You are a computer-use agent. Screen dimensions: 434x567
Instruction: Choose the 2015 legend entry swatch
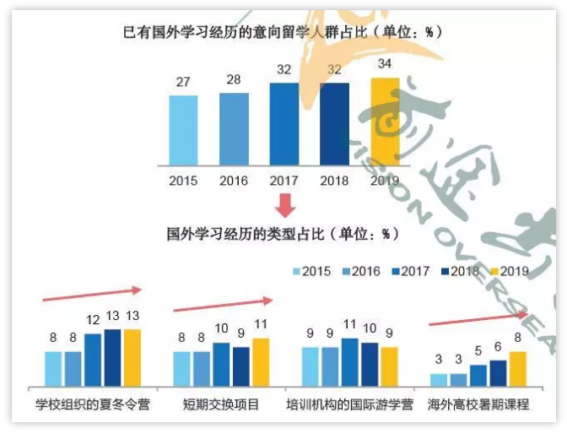coord(296,271)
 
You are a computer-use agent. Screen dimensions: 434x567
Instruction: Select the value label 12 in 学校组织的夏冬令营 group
coord(93,322)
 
